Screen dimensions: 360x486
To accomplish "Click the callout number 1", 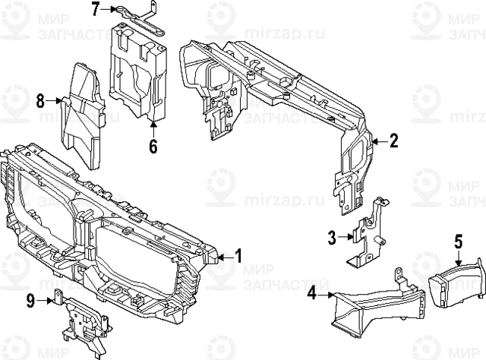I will [x=238, y=257].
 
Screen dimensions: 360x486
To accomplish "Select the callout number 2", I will [x=393, y=141].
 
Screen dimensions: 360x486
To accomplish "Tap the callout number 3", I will [x=331, y=238].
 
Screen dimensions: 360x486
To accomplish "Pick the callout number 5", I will [x=458, y=242].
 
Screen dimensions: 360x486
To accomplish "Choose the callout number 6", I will [x=153, y=145].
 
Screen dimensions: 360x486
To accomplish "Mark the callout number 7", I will [x=96, y=9].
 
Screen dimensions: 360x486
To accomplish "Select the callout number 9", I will [x=30, y=301].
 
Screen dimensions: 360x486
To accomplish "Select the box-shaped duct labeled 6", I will [x=140, y=72].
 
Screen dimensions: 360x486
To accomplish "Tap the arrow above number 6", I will [x=153, y=126].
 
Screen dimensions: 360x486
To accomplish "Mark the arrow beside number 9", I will [x=47, y=301].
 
